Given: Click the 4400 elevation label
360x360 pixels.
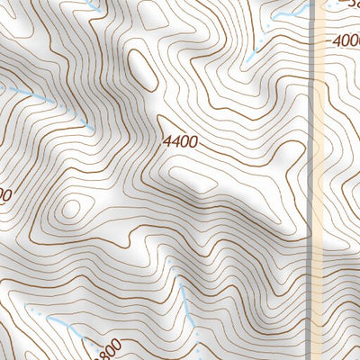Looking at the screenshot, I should point(180,141).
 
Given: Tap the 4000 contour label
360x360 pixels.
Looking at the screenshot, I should point(346,40).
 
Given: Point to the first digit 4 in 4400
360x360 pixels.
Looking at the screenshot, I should point(168,141).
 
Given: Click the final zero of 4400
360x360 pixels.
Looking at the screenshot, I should point(193,141).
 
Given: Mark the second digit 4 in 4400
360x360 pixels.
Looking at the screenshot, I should point(176,141).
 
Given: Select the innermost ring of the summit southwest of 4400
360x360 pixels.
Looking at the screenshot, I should point(70,209).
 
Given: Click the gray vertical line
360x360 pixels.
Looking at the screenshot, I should point(311,180).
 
